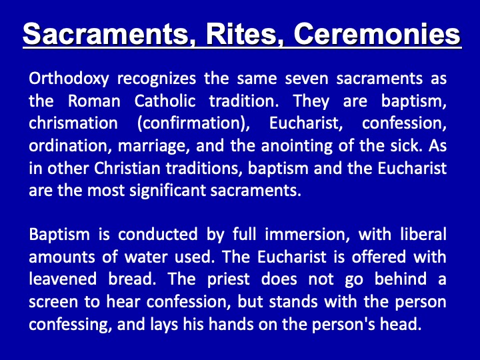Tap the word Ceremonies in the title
pyautogui.click(x=377, y=33)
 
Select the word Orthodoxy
pyautogui.click(x=69, y=79)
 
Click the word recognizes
pyautogui.click(x=157, y=79)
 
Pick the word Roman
pyautogui.click(x=94, y=101)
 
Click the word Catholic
pyautogui.click(x=165, y=101)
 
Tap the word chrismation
pyautogui.click(x=73, y=123)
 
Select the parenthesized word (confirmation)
pyautogui.click(x=194, y=124)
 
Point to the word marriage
pyautogui.click(x=152, y=147)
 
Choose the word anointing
pyautogui.click(x=297, y=146)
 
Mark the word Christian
pyautogui.click(x=127, y=168)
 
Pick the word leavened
pyautogui.click(x=63, y=279)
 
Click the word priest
pyautogui.click(x=229, y=279)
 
